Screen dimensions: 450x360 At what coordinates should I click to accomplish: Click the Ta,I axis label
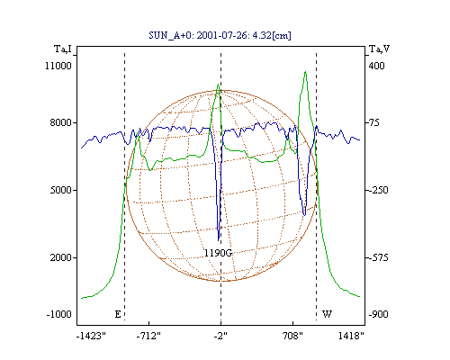pos(63,49)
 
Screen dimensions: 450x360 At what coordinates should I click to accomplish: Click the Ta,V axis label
pos(380,49)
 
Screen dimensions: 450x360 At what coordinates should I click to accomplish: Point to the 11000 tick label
pos(58,66)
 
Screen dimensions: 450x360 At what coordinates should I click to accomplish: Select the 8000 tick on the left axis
pos(61,122)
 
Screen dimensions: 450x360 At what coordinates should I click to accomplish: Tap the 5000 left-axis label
pos(61,190)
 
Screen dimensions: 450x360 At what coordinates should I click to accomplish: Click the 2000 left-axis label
pos(61,257)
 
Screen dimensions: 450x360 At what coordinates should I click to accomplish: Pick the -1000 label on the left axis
pos(58,314)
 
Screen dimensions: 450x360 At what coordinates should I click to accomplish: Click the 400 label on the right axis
pos(376,66)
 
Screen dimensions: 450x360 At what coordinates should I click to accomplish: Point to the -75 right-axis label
pos(373,122)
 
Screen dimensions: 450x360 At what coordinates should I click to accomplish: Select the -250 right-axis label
pos(377,190)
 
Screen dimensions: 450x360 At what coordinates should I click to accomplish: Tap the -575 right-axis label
pos(377,257)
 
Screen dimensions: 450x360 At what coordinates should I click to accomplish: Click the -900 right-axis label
pos(378,314)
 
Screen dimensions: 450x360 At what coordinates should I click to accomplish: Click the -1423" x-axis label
pos(91,336)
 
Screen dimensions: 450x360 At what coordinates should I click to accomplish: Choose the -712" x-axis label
pos(148,336)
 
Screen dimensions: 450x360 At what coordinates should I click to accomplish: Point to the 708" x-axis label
pos(292,336)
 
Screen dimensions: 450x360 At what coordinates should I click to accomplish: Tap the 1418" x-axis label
pos(351,336)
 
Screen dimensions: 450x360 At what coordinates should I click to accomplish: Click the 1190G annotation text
pos(218,253)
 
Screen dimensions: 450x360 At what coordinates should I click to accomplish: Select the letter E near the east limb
pos(118,314)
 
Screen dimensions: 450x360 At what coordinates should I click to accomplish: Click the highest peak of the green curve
pos(305,72)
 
